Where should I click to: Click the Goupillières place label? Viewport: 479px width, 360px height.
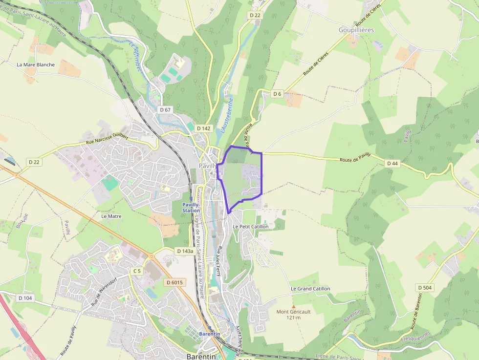tap(356, 30)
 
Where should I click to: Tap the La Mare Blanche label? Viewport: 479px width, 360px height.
tap(36, 64)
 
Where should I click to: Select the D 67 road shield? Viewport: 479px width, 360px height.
tap(165, 110)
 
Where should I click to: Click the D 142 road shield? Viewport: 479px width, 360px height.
tap(204, 128)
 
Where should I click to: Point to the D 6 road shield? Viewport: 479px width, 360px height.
tap(277, 94)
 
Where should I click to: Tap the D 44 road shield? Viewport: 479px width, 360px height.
tap(392, 164)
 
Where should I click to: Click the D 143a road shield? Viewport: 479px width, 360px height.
tap(184, 251)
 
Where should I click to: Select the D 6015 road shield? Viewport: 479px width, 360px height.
tap(174, 282)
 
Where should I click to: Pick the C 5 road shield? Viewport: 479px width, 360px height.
tap(136, 271)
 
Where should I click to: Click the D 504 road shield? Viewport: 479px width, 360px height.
tap(424, 288)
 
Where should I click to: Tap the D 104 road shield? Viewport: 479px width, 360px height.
tap(25, 298)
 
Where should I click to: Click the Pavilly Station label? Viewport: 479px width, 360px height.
tap(191, 208)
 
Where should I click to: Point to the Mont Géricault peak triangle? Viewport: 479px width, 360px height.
tap(293, 306)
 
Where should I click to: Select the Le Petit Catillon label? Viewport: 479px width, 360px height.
tap(250, 227)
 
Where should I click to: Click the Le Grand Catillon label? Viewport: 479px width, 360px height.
tap(310, 289)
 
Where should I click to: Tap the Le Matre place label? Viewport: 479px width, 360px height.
tap(111, 216)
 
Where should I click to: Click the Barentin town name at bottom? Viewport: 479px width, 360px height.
tap(201, 357)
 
